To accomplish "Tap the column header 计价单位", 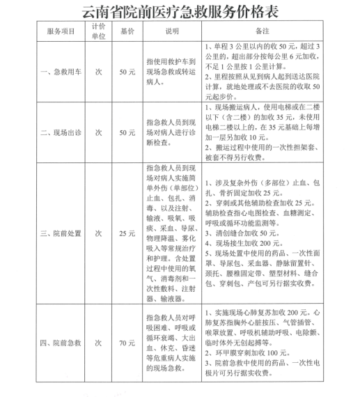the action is (x=98, y=32).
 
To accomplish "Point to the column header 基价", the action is (x=127, y=32).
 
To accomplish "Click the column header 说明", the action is (x=173, y=32).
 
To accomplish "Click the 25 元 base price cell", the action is (x=127, y=233).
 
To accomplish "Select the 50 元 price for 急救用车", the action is (x=127, y=71).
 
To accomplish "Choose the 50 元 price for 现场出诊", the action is (x=127, y=130).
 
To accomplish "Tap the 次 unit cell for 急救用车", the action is (x=98, y=71).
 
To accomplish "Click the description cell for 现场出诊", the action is (x=173, y=130).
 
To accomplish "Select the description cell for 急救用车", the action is (x=173, y=71).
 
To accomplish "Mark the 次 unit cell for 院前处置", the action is (x=98, y=233).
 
